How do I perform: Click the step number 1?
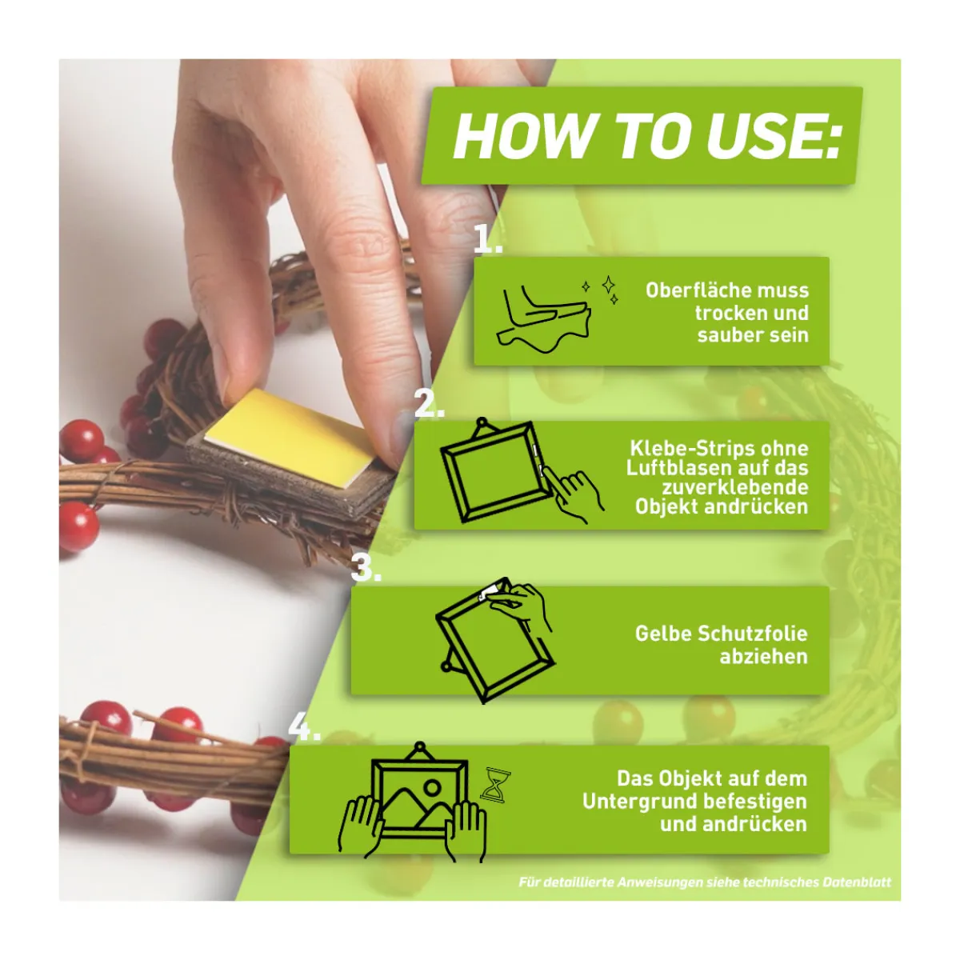coord(487,239)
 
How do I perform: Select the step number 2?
coord(430,404)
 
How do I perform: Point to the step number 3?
coord(366,569)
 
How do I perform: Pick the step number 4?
coord(304,728)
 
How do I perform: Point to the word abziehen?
coord(764,657)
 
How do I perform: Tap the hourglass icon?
coord(495,784)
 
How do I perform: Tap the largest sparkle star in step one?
coord(608,285)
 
